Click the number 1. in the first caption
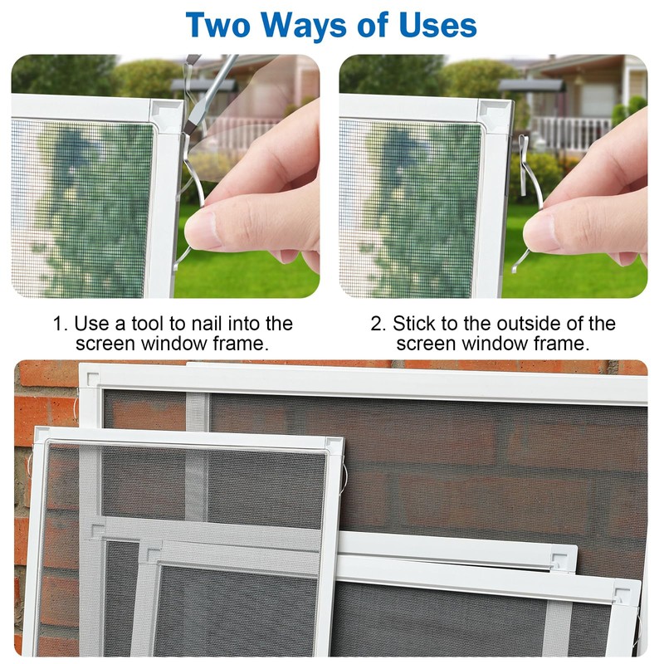pyautogui.click(x=61, y=324)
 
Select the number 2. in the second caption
pyautogui.click(x=378, y=324)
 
